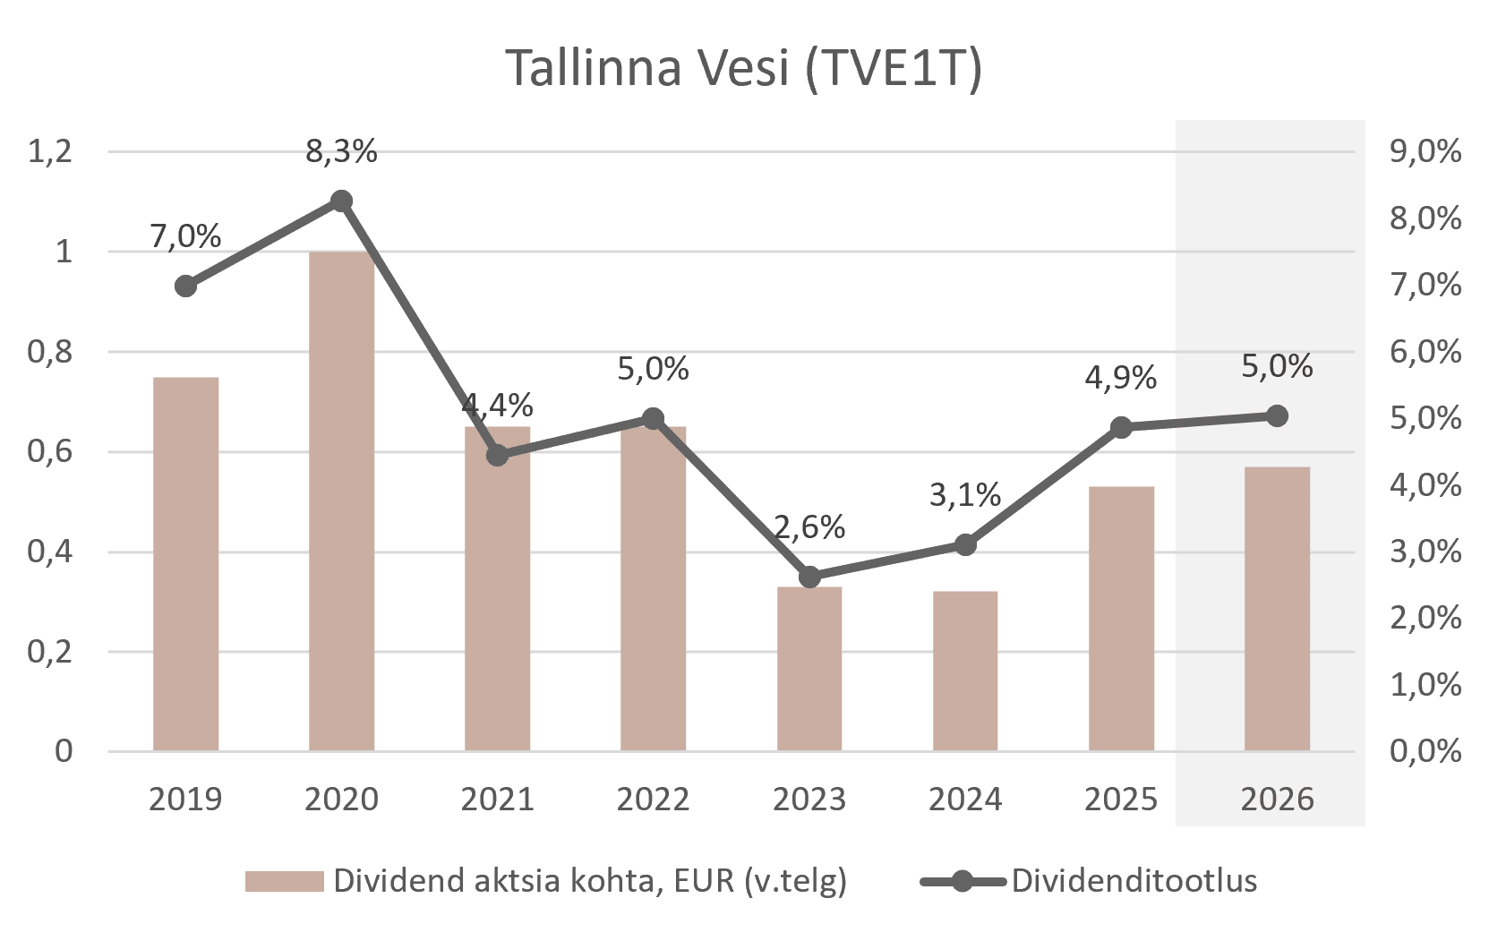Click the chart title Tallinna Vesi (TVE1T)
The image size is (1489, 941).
(743, 68)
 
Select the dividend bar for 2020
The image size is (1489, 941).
(341, 501)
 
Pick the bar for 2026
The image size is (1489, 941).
(1277, 609)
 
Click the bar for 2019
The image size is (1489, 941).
(186, 564)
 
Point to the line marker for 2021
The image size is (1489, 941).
(498, 456)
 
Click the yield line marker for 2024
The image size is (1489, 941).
(965, 544)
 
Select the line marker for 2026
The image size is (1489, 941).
(1278, 415)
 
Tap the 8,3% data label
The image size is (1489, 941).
(341, 152)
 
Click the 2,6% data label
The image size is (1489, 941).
(809, 527)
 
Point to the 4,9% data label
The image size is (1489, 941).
(1121, 378)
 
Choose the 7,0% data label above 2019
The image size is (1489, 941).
(185, 236)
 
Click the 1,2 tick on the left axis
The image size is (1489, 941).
(50, 151)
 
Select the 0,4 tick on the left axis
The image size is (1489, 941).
(50, 552)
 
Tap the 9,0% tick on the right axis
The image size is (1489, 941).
(1425, 151)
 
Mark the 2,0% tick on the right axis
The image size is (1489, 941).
(1425, 618)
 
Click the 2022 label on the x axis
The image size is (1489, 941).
(653, 800)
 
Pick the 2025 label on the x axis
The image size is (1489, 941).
(1121, 800)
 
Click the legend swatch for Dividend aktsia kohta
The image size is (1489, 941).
(285, 881)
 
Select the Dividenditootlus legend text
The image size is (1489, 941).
(1134, 881)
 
